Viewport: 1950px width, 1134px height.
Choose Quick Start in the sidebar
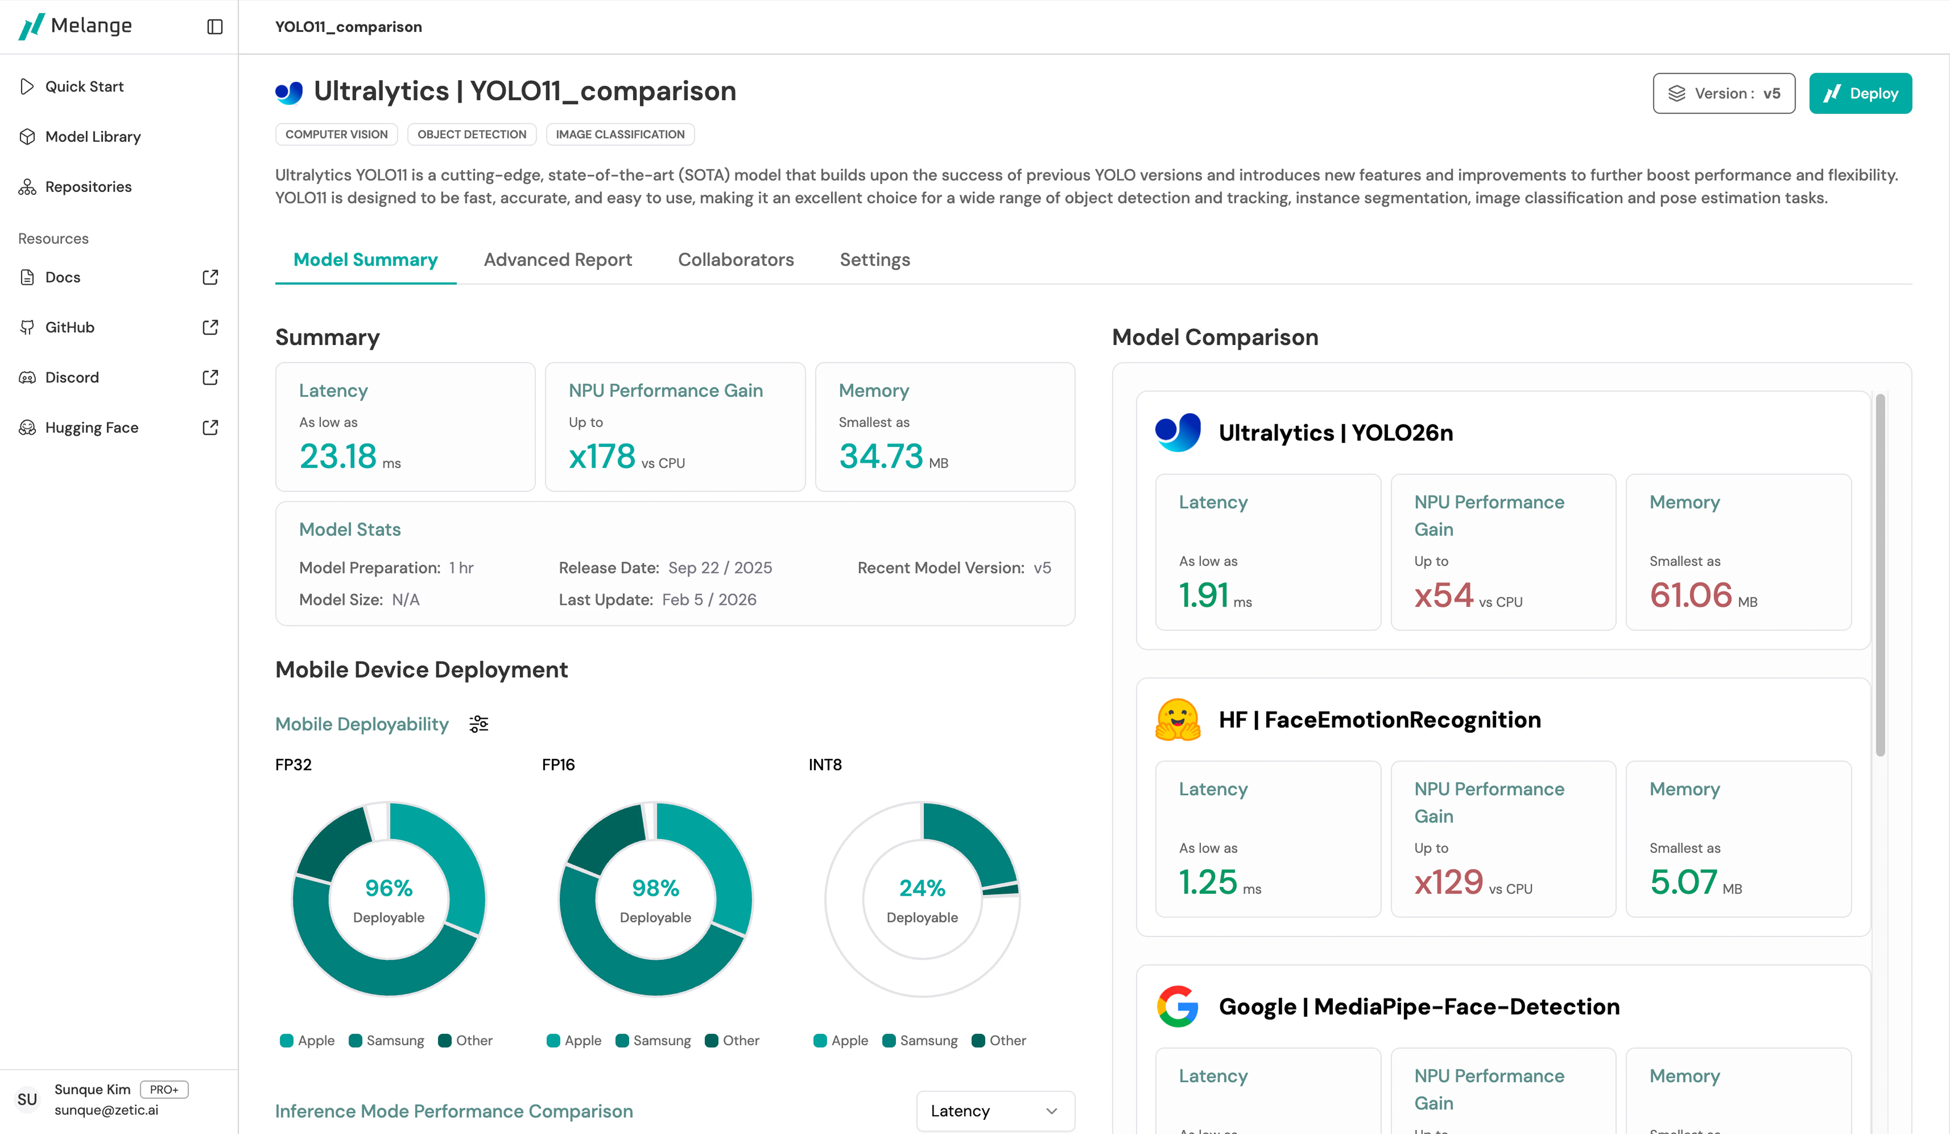click(83, 87)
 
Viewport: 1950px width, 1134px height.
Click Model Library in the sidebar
click(93, 137)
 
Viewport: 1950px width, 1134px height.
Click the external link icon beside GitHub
click(210, 327)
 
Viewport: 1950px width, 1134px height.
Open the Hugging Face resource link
click(91, 428)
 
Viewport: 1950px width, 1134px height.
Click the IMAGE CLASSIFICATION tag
click(620, 135)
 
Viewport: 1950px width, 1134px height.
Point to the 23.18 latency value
click(338, 457)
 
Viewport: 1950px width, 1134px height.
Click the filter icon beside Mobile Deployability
click(479, 725)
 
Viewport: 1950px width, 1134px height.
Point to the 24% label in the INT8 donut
click(922, 888)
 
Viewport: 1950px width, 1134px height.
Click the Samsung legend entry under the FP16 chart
click(654, 1041)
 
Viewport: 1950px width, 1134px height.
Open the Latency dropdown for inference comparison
click(994, 1111)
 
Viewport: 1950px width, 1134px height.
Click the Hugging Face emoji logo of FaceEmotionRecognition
click(1177, 720)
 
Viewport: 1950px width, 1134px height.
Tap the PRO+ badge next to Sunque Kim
click(164, 1090)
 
